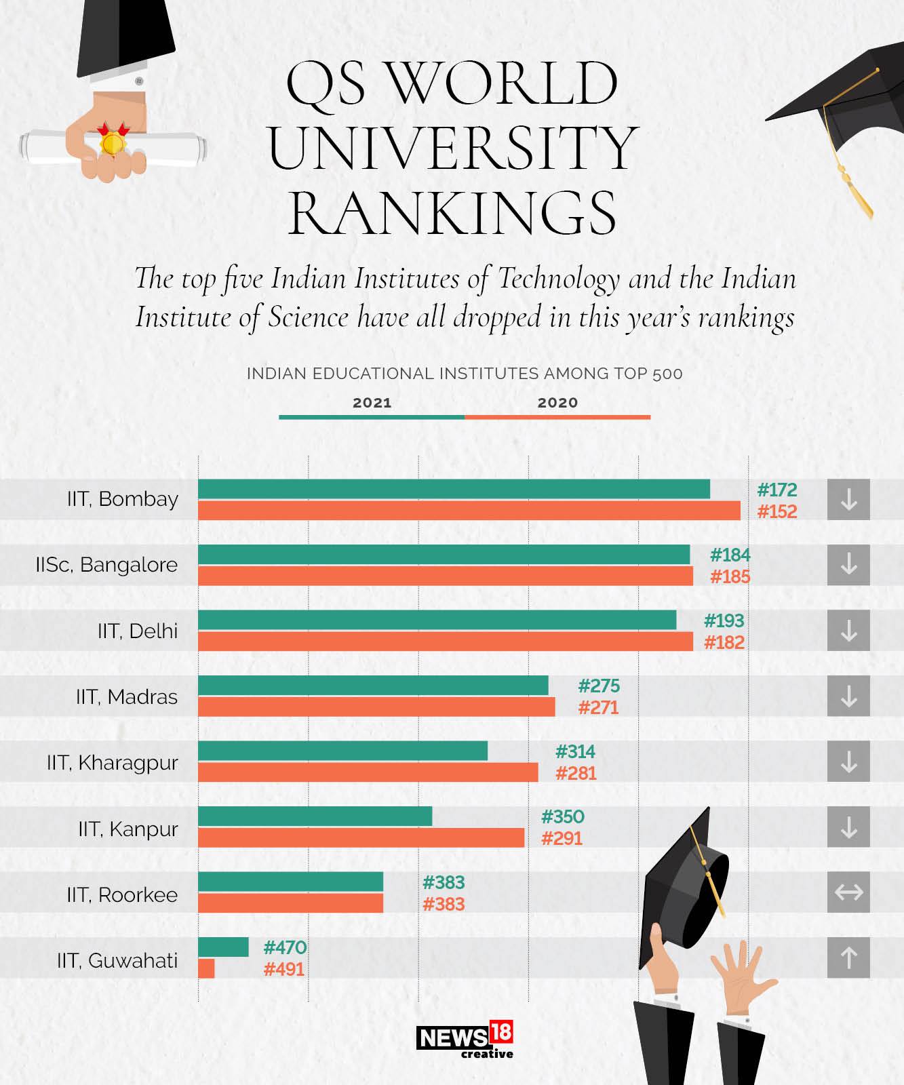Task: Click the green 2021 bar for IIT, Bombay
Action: [454, 489]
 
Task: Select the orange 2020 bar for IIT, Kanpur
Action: [361, 837]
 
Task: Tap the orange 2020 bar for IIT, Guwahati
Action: [207, 968]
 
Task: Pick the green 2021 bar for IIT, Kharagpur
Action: [343, 751]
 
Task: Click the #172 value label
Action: [777, 490]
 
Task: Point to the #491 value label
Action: [284, 969]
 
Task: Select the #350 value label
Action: [563, 816]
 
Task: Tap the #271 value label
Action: [599, 708]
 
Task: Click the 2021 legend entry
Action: [372, 403]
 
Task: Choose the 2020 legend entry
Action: [558, 403]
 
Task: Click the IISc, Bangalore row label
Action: [106, 565]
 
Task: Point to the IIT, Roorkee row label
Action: [122, 895]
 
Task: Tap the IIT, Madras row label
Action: [127, 697]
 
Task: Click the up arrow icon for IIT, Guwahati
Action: [848, 958]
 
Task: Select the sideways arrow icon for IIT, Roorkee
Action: [848, 892]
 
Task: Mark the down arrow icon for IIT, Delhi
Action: [848, 631]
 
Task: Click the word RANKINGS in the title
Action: [452, 214]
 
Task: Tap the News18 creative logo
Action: [465, 1040]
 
